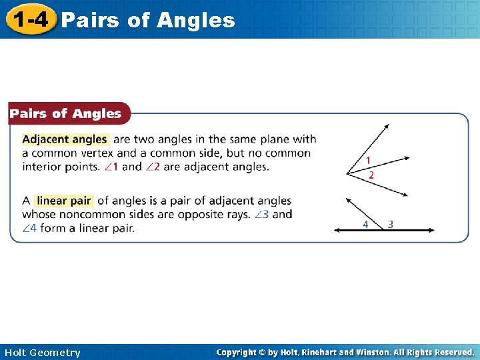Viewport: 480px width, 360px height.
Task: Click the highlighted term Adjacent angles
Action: pos(65,139)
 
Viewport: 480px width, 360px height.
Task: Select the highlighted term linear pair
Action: pos(63,201)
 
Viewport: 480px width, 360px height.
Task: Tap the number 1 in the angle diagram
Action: pos(368,161)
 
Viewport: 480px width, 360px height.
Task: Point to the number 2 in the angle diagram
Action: pos(371,175)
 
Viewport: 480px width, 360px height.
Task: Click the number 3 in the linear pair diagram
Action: pos(390,224)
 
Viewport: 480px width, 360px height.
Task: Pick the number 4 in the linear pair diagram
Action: pos(365,224)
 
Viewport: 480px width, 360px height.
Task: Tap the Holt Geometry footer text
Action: pos(41,353)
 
